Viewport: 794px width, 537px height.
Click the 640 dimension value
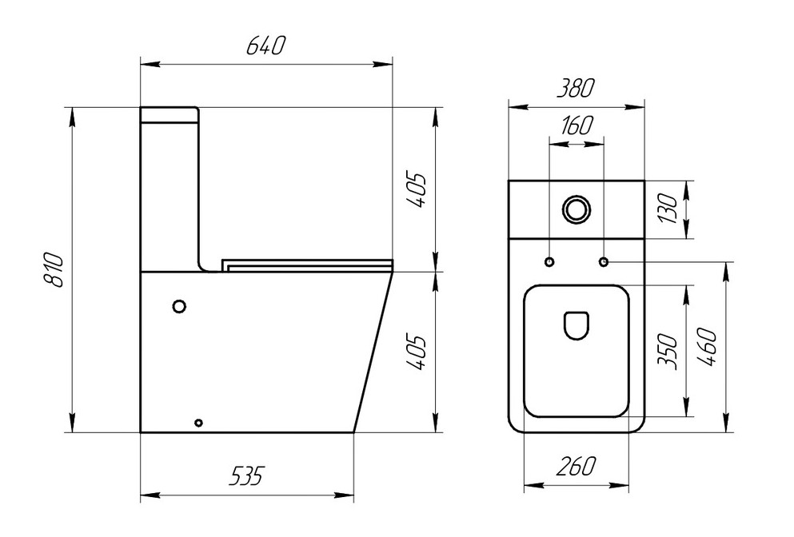coord(265,46)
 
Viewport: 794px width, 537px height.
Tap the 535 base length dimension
coord(246,477)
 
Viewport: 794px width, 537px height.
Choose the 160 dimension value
coord(575,126)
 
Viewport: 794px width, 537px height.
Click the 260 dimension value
coord(576,466)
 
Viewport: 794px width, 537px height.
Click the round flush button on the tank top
coord(576,209)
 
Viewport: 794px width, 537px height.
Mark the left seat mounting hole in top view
coord(549,262)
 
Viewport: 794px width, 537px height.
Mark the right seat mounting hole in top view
coord(603,262)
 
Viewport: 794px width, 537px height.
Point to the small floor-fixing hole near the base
coord(199,421)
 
